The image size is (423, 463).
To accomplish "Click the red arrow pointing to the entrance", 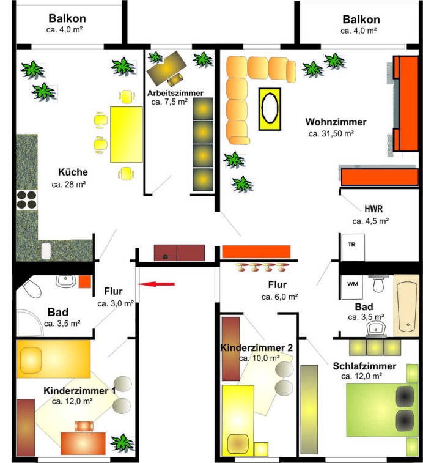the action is coord(156,284).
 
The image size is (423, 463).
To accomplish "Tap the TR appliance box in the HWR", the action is coord(353,248).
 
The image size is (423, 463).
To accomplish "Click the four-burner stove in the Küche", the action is coord(26,200).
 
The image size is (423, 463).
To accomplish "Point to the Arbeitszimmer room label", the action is coord(175,93).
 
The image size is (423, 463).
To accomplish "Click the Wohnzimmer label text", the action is coord(336,122).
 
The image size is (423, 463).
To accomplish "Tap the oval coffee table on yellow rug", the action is coord(270,108).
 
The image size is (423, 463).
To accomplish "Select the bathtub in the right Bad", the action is coord(406,305).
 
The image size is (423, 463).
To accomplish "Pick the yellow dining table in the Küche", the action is coord(127,135).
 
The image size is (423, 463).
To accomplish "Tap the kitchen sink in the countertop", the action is coord(46,251).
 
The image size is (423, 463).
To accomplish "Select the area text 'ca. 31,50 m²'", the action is coord(331,134).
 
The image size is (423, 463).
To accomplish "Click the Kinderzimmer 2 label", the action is coord(257,347).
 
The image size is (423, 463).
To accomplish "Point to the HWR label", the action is coord(373,209).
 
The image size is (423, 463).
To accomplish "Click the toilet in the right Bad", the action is coord(378,283).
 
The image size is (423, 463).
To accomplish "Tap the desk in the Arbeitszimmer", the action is coord(166,69).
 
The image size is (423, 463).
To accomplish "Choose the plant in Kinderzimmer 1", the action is coord(122,442).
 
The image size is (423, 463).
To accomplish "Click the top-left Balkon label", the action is coord(67,18).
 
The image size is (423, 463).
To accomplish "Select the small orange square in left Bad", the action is coord(85,282).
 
